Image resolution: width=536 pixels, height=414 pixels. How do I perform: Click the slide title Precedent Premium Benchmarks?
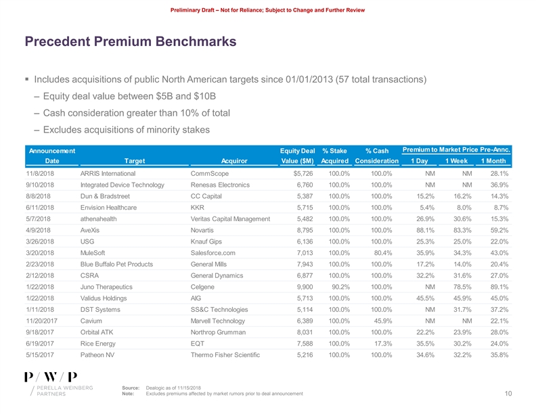click(130, 42)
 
